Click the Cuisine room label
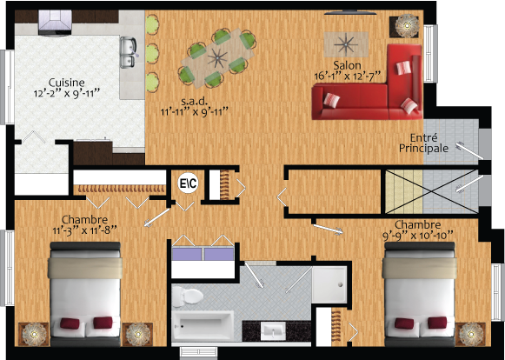click(67, 83)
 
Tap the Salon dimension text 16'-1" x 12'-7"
click(347, 77)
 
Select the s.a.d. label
click(194, 102)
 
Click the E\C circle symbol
click(188, 183)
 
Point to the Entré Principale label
click(423, 143)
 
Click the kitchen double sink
click(128, 52)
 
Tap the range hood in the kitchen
click(55, 23)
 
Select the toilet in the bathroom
click(187, 296)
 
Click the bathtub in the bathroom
click(203, 325)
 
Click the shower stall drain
click(340, 284)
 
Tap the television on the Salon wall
click(349, 13)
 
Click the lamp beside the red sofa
click(407, 25)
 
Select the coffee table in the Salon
click(346, 44)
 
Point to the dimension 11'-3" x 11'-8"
click(84, 230)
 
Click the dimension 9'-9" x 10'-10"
click(418, 236)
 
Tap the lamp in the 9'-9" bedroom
click(471, 335)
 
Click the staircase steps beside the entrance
click(404, 191)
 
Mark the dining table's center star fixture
click(217, 58)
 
